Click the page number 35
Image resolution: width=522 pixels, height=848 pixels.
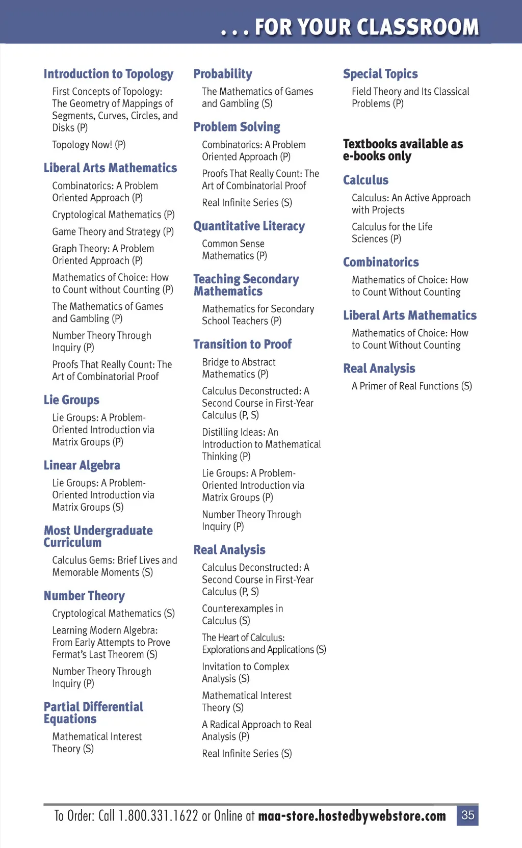[x=467, y=815]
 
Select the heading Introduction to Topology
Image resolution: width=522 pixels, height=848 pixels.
[x=108, y=74]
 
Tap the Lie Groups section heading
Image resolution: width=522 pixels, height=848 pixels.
[x=71, y=400]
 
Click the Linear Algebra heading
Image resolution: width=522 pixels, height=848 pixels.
[x=82, y=465]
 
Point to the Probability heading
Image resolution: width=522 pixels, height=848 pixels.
[x=223, y=74]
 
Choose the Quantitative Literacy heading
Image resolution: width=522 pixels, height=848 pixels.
[x=249, y=226]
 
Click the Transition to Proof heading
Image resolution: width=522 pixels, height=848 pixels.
[x=242, y=344]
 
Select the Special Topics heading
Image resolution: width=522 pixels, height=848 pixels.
[x=380, y=74]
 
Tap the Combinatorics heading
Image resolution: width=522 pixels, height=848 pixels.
[x=381, y=262]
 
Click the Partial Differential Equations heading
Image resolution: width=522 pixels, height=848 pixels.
[x=93, y=712]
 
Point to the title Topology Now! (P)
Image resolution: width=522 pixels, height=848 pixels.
[x=89, y=145]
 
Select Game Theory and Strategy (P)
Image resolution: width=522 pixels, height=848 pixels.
[x=113, y=232]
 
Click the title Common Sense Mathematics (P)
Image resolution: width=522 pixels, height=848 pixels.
[x=234, y=250]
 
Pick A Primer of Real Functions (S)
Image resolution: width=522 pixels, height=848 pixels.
[x=411, y=386]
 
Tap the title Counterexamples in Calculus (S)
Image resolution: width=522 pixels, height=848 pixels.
[x=242, y=615]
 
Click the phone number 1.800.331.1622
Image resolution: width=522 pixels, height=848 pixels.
[x=158, y=816]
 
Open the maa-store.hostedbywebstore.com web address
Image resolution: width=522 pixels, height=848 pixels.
[x=352, y=816]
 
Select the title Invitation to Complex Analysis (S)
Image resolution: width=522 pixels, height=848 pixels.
[x=245, y=673]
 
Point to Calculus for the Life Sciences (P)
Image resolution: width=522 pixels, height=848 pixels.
[x=391, y=233]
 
